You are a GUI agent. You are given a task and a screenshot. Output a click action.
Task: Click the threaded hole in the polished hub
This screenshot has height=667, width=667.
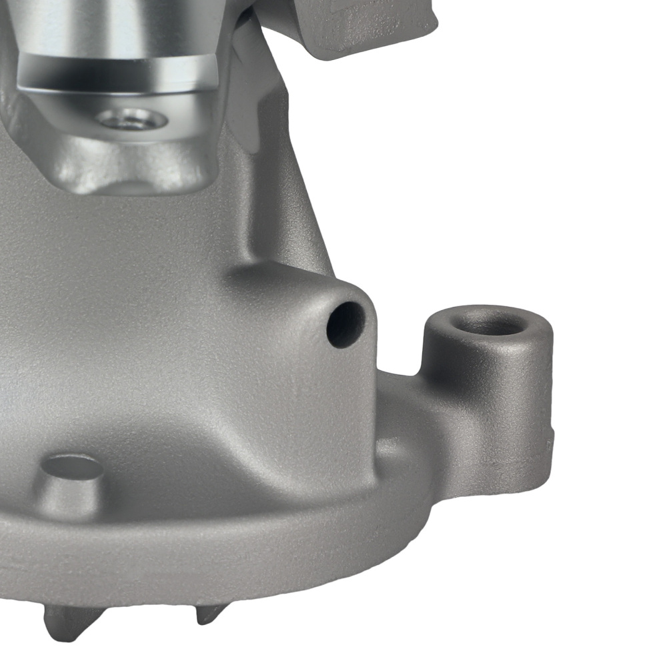point(131,120)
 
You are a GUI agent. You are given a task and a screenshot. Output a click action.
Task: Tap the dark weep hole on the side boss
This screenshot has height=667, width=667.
point(346,324)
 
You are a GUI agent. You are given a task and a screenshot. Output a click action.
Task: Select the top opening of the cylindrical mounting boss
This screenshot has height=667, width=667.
point(488,322)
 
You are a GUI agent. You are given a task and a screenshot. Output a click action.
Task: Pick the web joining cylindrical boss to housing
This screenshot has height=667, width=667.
point(440,427)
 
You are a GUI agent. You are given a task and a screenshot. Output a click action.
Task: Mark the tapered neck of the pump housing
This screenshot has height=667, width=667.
point(280,200)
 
